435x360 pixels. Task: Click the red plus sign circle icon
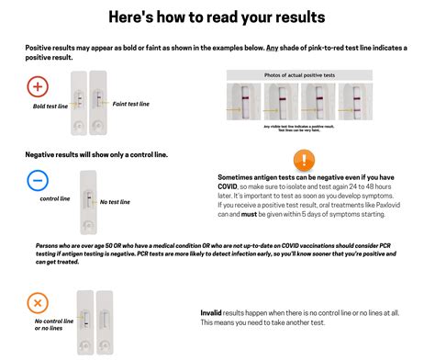(38, 87)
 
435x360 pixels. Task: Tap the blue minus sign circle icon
(38, 180)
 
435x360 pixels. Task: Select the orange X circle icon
(38, 302)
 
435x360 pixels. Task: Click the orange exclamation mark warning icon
(304, 159)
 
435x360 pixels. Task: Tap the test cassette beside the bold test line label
(77, 98)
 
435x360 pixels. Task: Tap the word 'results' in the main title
(292, 17)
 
